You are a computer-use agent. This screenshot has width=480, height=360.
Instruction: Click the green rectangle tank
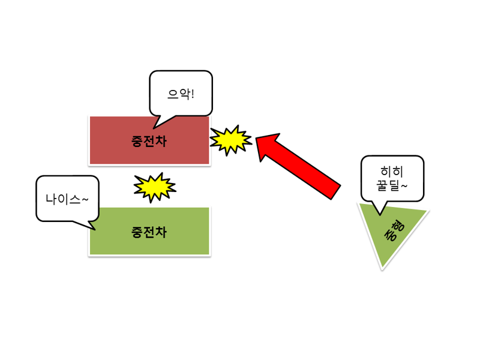point(149,231)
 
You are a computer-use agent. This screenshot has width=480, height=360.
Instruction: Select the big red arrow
point(298,166)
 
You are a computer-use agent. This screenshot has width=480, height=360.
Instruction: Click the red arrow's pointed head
point(257,138)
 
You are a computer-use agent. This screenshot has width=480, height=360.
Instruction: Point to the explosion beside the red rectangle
point(230,140)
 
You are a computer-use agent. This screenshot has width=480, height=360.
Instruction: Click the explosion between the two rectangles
point(155,187)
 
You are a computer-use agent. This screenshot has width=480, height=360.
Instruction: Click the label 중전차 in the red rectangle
point(149,141)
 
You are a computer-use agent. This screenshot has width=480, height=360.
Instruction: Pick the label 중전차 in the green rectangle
point(149,232)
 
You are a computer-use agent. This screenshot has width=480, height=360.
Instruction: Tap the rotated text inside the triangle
point(394,230)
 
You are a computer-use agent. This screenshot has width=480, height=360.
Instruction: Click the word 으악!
point(181,94)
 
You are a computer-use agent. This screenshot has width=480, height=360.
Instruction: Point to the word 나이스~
point(67,199)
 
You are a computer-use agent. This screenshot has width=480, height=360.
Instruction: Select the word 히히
point(392,172)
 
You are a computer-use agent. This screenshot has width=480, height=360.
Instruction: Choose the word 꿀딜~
point(392,185)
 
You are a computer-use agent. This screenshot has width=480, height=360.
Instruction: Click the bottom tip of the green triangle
point(382,269)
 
